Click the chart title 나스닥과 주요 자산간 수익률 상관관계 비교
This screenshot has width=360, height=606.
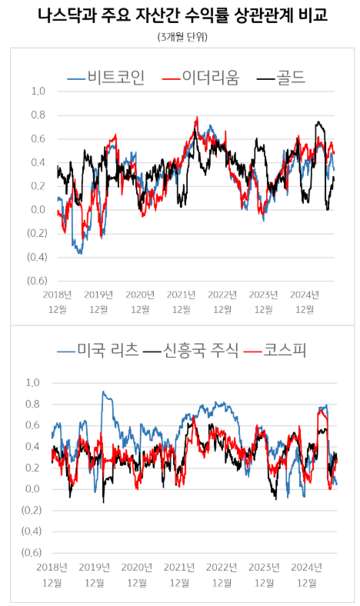pos(180,16)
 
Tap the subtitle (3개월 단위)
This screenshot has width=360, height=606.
pos(180,37)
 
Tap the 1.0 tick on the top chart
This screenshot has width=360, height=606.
pos(38,91)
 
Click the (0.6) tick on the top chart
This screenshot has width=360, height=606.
pos(37,281)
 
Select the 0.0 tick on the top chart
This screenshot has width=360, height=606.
pos(38,209)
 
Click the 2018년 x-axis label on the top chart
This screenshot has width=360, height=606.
pos(57,294)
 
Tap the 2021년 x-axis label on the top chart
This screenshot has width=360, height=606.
pos(181,294)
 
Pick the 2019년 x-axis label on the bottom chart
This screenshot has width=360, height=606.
pos(95,566)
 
